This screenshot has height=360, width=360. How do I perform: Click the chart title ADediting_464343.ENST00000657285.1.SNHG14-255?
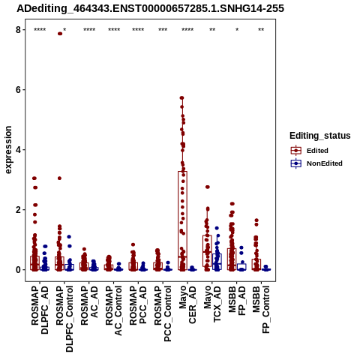point(150,8)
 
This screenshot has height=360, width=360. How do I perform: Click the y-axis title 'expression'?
point(8,150)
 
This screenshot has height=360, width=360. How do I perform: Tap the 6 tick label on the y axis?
point(19,90)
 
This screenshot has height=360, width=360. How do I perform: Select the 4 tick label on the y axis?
point(19,150)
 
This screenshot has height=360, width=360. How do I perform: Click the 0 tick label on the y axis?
point(19,270)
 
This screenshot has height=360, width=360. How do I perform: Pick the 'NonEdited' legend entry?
point(316,163)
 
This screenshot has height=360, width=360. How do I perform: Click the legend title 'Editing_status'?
point(320,136)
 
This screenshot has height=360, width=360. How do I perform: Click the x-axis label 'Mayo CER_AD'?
point(187,304)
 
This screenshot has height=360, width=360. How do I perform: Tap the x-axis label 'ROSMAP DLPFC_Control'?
point(64,319)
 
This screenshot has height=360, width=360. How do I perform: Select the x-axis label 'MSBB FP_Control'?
point(261,310)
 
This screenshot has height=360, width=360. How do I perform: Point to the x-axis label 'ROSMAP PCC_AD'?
point(138,305)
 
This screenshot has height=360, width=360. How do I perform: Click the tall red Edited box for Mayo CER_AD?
point(182,220)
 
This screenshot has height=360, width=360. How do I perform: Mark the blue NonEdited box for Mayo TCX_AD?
point(217,262)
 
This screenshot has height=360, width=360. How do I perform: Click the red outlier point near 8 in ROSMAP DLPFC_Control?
point(60,34)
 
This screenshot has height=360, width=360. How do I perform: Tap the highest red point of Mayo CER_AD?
point(182,97)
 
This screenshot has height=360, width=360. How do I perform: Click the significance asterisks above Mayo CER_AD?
point(187,30)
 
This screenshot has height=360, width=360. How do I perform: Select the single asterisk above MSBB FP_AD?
point(237,30)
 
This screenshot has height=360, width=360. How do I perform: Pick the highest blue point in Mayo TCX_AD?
point(217,228)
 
